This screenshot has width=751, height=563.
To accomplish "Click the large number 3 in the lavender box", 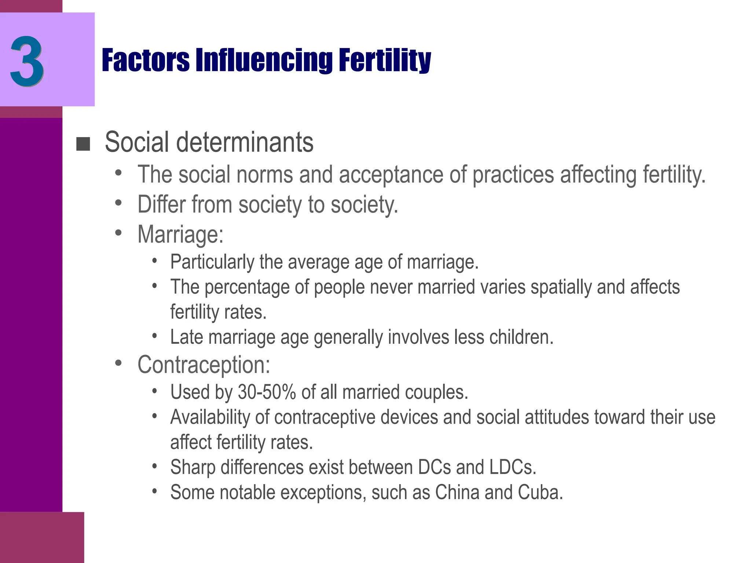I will point(27,61).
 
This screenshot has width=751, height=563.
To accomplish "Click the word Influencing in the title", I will point(264,60).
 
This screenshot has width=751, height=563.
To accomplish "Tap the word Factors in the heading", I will point(146,60).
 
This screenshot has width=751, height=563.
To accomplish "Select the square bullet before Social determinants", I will point(83,144).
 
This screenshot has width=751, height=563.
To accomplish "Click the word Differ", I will point(161,204).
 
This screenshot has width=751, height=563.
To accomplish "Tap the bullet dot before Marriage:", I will point(118,232).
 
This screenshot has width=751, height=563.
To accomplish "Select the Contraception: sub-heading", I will point(204,365).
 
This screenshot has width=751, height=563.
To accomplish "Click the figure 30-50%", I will point(267,392).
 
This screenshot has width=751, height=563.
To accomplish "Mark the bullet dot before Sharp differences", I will point(155,466).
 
